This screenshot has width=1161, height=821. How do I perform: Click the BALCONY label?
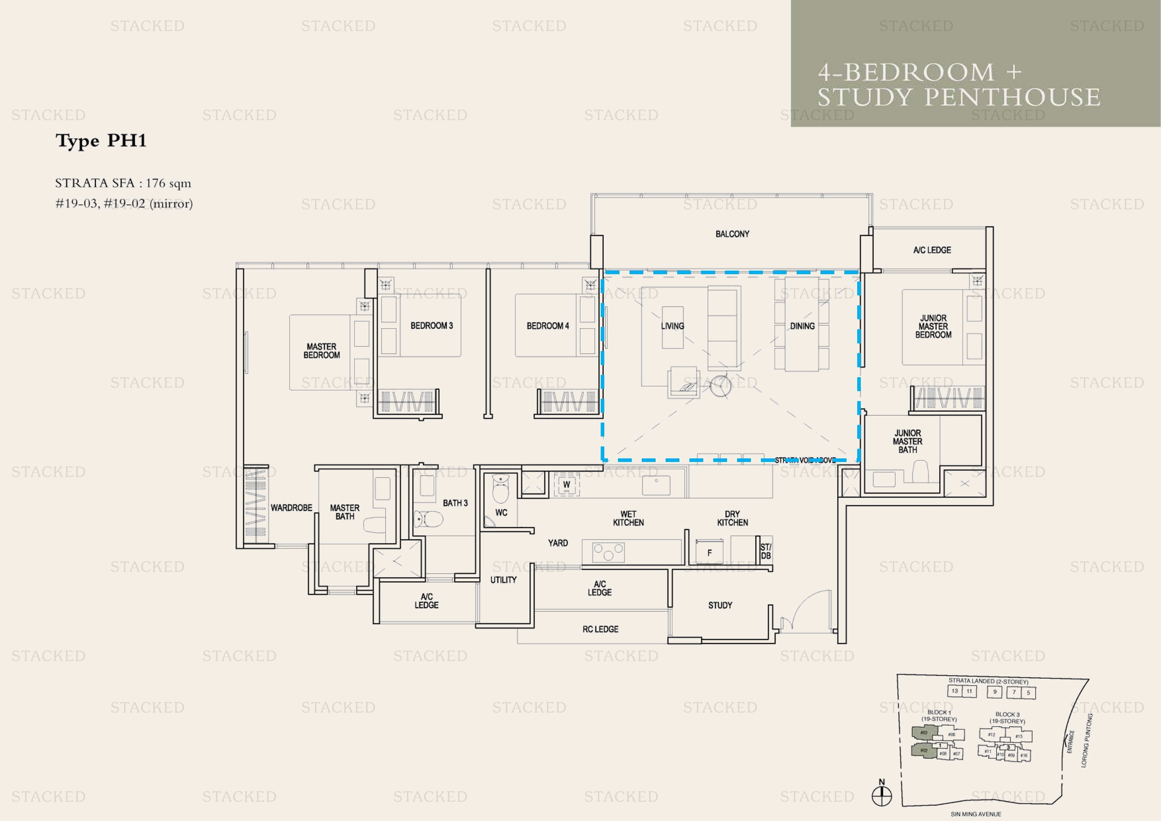[732, 234]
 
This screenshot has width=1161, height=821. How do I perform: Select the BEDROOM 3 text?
[431, 326]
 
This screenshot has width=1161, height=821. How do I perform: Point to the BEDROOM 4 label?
[548, 326]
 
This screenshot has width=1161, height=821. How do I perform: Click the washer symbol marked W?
[566, 485]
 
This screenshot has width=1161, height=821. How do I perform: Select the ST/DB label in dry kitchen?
[766, 551]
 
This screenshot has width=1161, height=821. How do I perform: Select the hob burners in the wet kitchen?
[608, 552]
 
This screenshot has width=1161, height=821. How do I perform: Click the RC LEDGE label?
[600, 629]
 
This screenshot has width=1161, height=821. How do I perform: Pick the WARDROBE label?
[291, 507]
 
